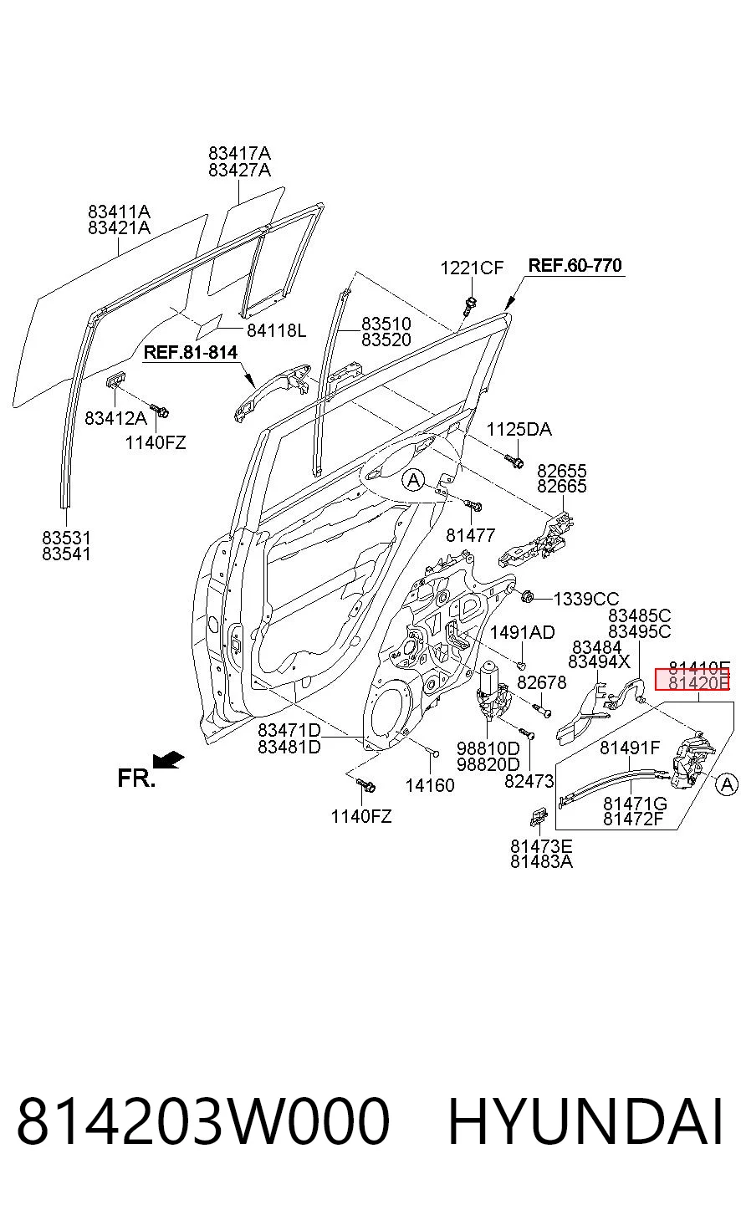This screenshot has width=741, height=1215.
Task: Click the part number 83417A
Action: click(x=239, y=153)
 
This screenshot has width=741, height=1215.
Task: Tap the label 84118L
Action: click(x=277, y=330)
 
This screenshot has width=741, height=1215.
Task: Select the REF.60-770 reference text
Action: click(x=575, y=265)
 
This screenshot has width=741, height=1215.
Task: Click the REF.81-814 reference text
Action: click(x=191, y=353)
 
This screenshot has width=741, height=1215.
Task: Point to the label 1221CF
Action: click(x=472, y=268)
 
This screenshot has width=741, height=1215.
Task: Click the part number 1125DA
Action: click(x=519, y=430)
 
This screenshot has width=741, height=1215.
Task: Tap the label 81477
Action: click(x=470, y=535)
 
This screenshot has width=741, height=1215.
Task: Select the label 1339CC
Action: click(x=585, y=599)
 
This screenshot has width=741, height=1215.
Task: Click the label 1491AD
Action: click(x=522, y=632)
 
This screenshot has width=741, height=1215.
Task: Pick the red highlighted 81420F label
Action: click(x=692, y=680)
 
